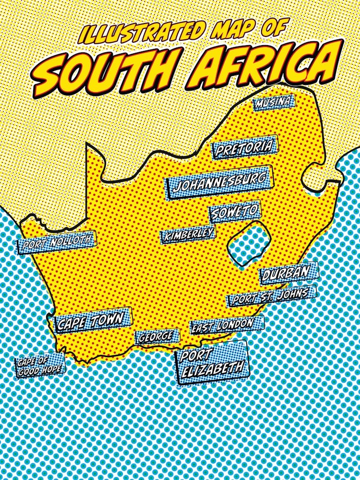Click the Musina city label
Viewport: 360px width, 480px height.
point(274,102)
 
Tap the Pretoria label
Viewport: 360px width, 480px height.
point(245,147)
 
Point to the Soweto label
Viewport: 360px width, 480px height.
point(235,212)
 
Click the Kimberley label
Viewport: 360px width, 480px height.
point(188,235)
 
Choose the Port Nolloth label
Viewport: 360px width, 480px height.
point(57,242)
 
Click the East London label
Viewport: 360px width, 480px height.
point(222,325)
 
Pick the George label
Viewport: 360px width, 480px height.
point(156,337)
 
